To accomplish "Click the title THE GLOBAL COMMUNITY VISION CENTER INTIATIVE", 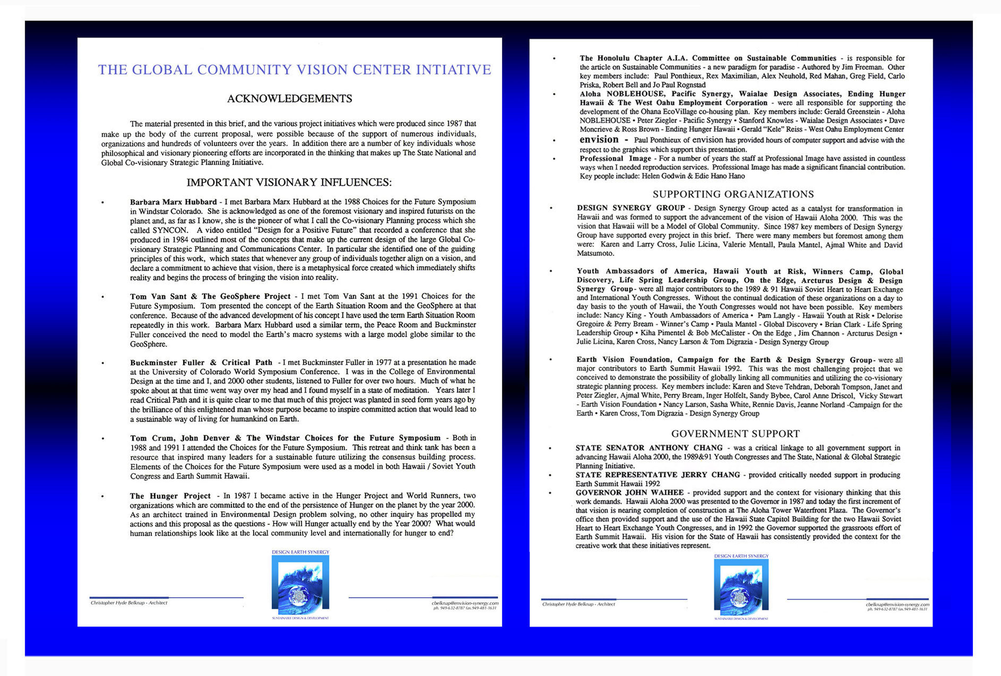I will coord(294,70).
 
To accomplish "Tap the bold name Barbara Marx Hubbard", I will coord(173,202).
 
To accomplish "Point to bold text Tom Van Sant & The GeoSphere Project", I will coord(210,296).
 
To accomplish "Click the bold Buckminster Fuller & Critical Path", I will coord(201,362).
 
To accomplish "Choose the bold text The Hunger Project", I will coord(170,496).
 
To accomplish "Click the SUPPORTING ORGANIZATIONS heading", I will coord(733,194).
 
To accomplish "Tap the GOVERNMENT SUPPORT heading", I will coord(735,434).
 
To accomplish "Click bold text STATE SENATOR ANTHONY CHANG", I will coord(649,448).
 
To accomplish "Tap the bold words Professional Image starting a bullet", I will coord(615,158).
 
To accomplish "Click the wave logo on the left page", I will coord(300,586).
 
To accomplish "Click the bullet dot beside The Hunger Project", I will coord(102,496).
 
